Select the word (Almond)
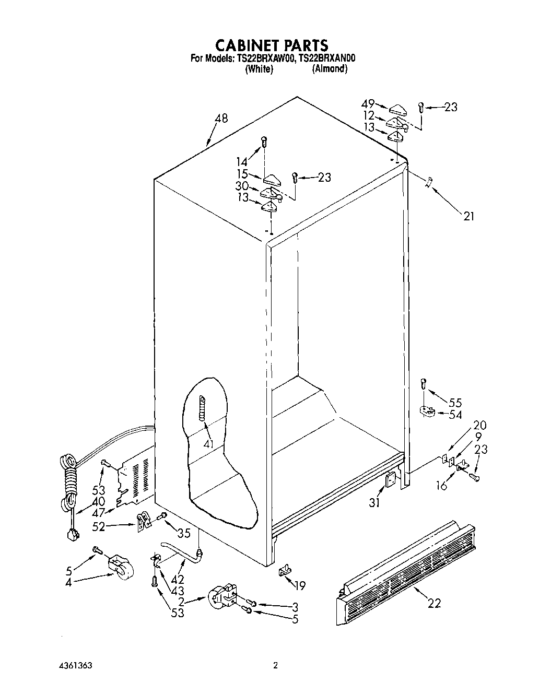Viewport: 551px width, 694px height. click(330, 69)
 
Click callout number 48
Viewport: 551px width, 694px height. click(221, 119)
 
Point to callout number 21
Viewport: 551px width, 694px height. click(469, 215)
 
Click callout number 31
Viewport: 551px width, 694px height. click(375, 503)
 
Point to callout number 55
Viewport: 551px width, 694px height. click(455, 402)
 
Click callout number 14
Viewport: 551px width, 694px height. click(241, 162)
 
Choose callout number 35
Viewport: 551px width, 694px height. click(183, 533)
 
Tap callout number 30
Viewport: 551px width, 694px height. click(241, 186)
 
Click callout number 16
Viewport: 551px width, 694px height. click(442, 486)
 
